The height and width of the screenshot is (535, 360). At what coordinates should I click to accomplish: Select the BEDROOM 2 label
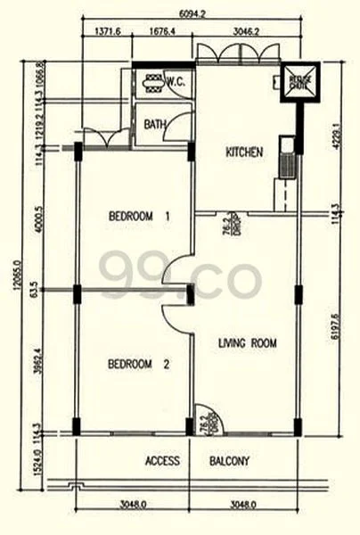138,364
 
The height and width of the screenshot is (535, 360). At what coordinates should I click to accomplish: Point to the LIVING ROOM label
248,342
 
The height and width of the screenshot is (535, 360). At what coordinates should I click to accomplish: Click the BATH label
153,125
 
